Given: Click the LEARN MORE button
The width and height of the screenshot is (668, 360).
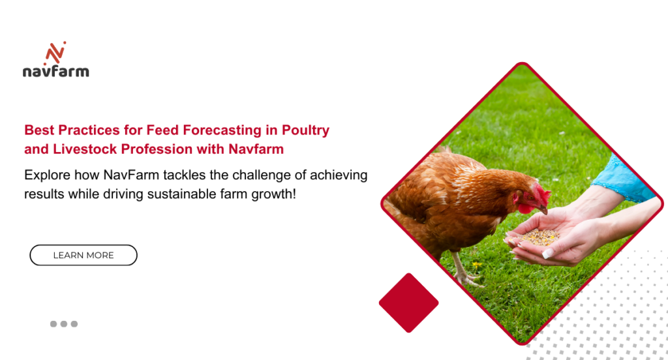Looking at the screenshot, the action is click(x=83, y=255).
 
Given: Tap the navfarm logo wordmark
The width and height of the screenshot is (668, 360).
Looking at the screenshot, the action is click(x=56, y=70).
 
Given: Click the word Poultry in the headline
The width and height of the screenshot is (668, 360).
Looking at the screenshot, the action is click(x=305, y=130).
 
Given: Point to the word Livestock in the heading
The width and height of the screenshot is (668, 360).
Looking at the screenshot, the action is click(x=85, y=149).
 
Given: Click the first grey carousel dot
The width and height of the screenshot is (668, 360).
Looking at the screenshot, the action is click(x=53, y=323).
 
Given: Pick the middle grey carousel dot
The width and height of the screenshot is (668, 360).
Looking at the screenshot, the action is click(x=64, y=323).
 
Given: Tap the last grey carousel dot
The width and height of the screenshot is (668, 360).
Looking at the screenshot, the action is click(x=74, y=323).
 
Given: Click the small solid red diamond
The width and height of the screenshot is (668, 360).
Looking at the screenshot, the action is click(x=408, y=303).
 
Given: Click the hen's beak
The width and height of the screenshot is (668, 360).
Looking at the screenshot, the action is click(x=543, y=209).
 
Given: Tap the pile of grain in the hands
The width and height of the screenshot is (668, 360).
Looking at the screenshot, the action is click(x=539, y=237).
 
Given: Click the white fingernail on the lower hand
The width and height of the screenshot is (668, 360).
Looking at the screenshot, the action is click(x=547, y=254).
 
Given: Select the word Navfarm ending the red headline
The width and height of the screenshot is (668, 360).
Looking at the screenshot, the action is click(x=256, y=149).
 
